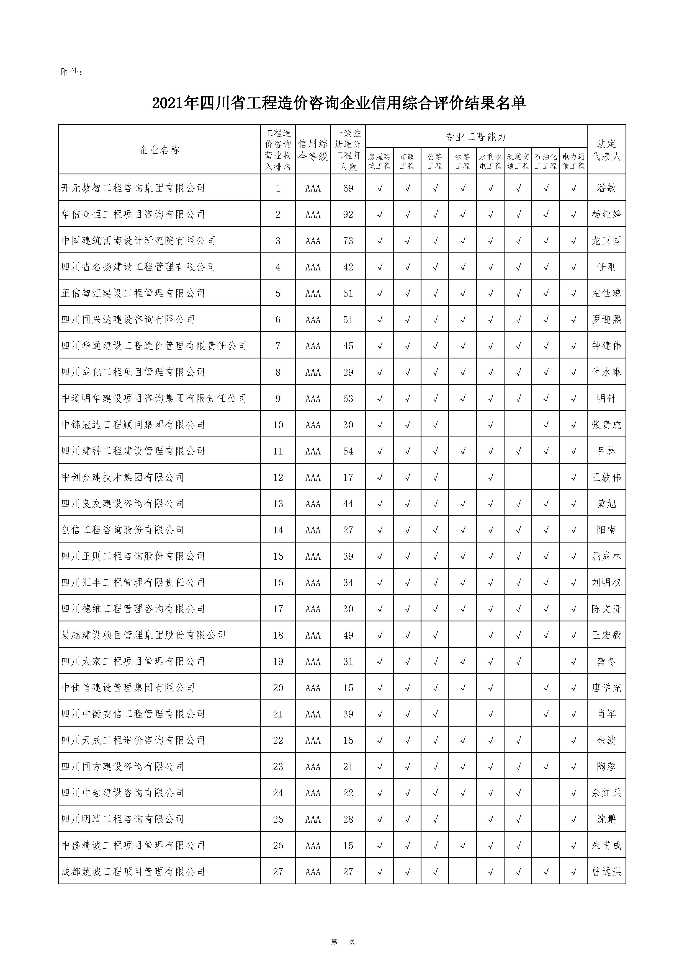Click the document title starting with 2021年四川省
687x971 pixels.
point(339,103)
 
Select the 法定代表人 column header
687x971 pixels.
point(606,150)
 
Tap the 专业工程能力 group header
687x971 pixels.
point(476,137)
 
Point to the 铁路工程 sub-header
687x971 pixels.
point(462,161)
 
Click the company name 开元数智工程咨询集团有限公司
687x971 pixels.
point(133,188)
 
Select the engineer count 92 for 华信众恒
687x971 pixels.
point(348,215)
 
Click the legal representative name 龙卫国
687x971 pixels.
point(606,241)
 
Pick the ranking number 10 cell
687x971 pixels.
point(278,425)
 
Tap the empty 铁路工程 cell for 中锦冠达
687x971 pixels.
point(462,425)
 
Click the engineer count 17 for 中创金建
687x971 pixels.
point(348,477)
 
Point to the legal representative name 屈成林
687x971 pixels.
point(606,556)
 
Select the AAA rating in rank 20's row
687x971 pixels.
point(313,688)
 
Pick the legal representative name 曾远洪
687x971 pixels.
point(606,872)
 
